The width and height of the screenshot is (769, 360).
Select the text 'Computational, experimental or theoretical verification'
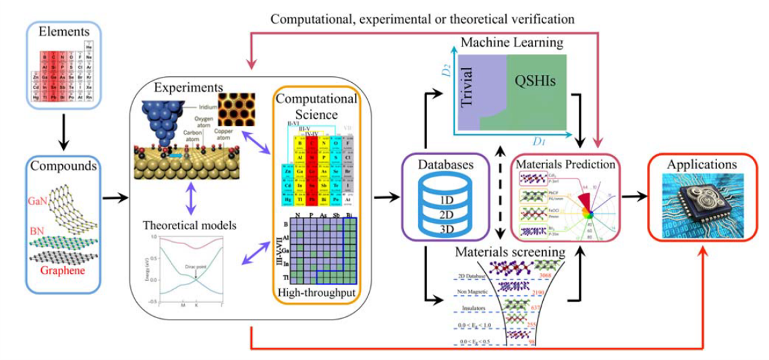pyautogui.click(x=422, y=19)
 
